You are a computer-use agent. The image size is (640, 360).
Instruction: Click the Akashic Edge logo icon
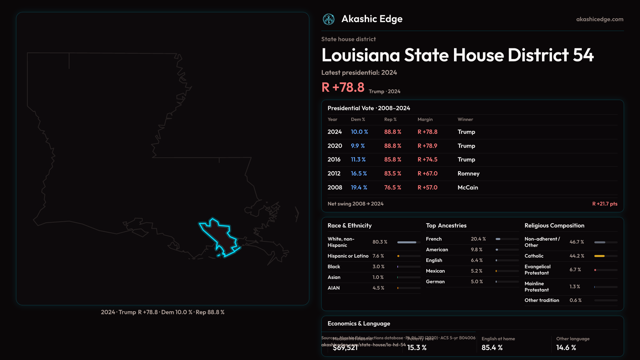[x=329, y=19]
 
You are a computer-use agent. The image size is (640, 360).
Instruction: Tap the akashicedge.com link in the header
[x=600, y=19]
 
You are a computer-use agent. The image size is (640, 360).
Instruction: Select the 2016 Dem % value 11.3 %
[x=358, y=160]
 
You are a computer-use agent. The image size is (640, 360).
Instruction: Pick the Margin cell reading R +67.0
[x=427, y=174]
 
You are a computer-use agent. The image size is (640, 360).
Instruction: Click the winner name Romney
[x=468, y=174]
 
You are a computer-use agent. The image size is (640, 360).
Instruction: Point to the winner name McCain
[x=468, y=188]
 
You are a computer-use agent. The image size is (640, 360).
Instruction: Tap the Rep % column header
[x=390, y=119]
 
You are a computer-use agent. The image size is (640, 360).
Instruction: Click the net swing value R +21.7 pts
[x=605, y=204]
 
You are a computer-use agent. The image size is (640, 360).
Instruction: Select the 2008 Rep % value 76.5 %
[x=393, y=188]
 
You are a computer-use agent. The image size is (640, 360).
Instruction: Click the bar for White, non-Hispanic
[x=407, y=242]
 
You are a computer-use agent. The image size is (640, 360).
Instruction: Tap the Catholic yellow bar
[x=599, y=256]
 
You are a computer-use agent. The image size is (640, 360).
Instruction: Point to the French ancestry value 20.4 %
[x=478, y=239]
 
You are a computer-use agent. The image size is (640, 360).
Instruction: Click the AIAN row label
[x=334, y=288]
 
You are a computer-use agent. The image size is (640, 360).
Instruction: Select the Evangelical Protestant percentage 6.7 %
[x=575, y=270]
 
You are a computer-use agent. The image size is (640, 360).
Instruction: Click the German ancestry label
[x=435, y=282]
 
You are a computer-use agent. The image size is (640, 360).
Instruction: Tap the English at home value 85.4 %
[x=492, y=348]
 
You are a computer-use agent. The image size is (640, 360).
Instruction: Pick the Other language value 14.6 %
[x=566, y=348]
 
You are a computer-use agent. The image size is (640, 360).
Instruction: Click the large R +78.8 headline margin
[x=343, y=87]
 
